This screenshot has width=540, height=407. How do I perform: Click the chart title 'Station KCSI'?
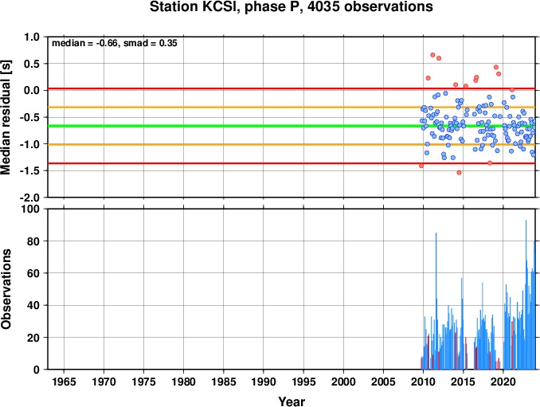click(x=193, y=7)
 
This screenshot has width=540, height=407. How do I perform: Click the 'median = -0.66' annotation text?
click(x=85, y=43)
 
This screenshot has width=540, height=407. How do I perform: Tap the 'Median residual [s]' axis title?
click(x=6, y=117)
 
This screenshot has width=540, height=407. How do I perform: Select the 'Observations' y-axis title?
click(x=6, y=289)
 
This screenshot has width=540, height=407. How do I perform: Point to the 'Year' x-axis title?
click(x=292, y=401)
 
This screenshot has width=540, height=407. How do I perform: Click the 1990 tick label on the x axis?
click(x=264, y=382)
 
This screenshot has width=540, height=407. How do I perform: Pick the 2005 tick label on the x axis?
click(x=383, y=382)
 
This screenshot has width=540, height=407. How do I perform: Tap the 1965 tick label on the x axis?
click(x=64, y=382)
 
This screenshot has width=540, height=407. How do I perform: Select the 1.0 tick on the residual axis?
click(x=32, y=37)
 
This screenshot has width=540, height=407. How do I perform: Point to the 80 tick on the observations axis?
click(x=33, y=241)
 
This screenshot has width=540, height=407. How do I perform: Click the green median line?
click(x=292, y=126)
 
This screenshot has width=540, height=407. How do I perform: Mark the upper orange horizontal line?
click(x=292, y=108)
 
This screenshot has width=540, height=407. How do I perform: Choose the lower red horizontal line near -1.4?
click(x=292, y=163)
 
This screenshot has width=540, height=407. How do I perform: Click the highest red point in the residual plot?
click(x=433, y=55)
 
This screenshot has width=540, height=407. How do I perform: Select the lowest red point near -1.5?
click(x=459, y=173)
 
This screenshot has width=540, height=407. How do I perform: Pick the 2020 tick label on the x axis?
click(x=503, y=382)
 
